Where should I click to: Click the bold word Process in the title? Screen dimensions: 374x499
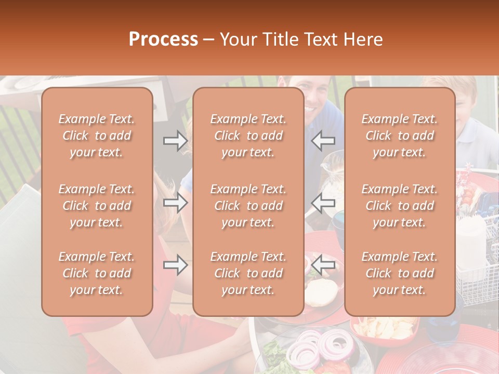pos(163,39)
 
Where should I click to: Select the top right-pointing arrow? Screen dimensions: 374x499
pos(175,140)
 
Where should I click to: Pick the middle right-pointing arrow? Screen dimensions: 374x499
pos(175,203)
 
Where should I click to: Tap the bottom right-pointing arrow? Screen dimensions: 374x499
pos(175,265)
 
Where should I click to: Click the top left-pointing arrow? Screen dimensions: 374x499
pos(323,140)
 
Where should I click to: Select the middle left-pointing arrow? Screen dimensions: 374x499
pos(323,203)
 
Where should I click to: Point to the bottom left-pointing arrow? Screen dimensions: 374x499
pos(323,265)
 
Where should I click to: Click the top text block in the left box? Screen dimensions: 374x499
pos(97,136)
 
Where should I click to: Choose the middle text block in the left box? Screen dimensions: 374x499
pos(97,206)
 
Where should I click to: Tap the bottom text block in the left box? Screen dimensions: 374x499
pos(97,273)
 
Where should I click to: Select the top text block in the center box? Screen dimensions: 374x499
pos(248,136)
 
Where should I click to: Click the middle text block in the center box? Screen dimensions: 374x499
pos(248,206)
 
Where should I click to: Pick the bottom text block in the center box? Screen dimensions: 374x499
pos(248,273)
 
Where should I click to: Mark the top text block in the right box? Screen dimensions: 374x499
pos(399,136)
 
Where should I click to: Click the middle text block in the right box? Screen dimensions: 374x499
pos(399,206)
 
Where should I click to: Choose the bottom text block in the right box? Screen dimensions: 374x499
pos(399,273)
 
